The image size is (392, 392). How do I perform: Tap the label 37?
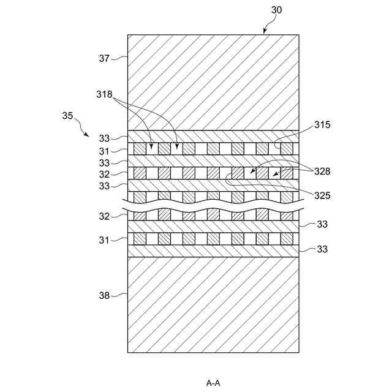(104, 59)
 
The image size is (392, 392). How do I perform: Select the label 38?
(104, 295)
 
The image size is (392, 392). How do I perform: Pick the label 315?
(323, 124)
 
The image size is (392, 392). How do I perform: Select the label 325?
(323, 196)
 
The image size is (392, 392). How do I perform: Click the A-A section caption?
(213, 383)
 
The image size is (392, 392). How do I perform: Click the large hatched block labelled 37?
(213, 82)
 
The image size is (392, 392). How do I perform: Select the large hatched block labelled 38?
(213, 304)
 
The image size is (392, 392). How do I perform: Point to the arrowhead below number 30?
(265, 32)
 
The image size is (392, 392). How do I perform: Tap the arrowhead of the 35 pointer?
(89, 135)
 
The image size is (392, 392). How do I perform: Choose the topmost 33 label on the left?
(105, 138)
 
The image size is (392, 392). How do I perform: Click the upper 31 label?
(105, 150)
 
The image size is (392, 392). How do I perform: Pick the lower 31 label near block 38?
(105, 240)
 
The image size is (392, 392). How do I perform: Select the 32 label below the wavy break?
(105, 216)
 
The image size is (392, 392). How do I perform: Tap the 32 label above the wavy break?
(105, 174)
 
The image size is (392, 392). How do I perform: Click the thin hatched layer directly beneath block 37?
(213, 137)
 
